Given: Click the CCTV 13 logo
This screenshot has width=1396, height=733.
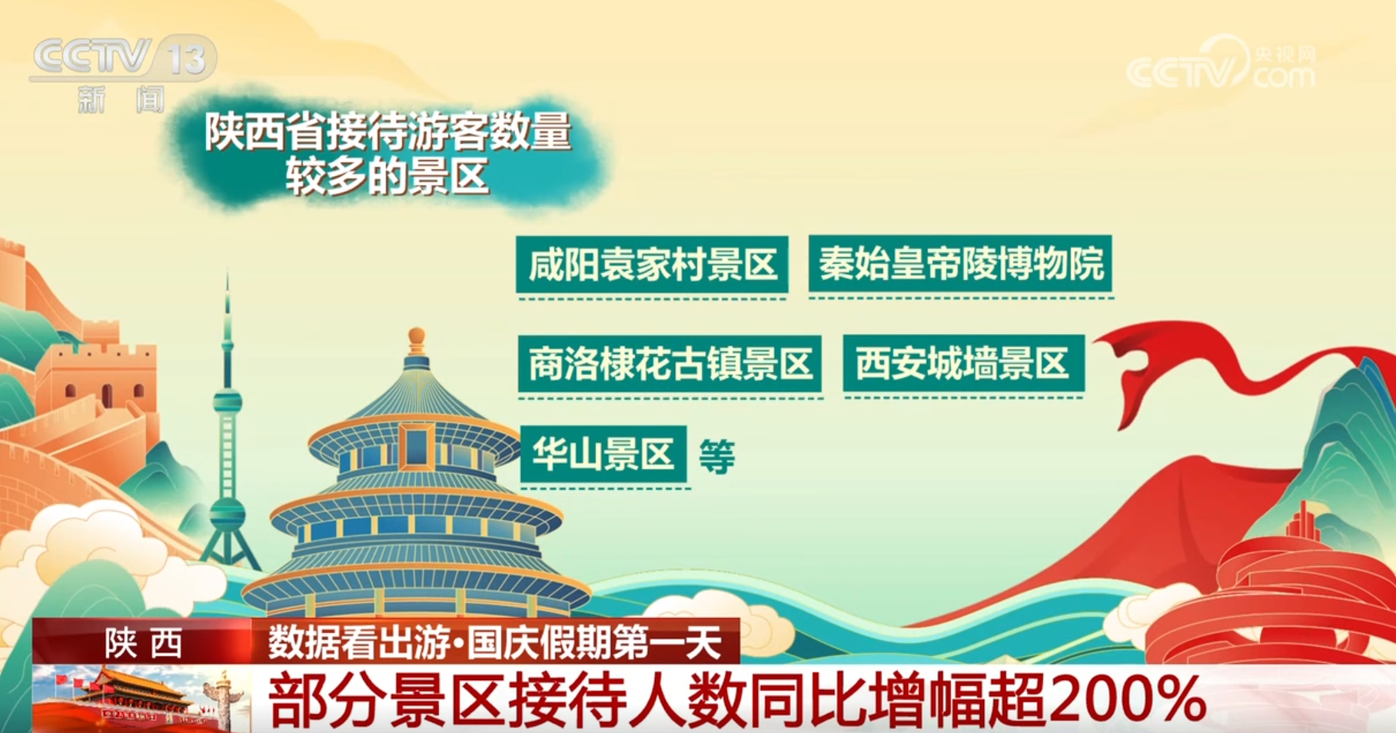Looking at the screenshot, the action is click(123, 74).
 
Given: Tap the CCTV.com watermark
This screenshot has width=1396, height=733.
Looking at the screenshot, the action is click(1221, 64).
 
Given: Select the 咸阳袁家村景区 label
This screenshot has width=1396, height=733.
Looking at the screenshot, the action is click(652, 265).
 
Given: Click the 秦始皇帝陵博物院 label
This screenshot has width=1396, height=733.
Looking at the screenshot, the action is click(960, 264).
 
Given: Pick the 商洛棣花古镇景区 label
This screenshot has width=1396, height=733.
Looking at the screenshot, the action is click(670, 364).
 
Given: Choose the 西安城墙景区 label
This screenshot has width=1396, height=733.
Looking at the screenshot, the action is click(963, 363).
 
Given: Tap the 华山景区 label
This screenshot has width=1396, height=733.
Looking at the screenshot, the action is click(603, 454).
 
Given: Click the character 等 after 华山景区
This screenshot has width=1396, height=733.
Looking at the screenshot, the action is click(716, 456).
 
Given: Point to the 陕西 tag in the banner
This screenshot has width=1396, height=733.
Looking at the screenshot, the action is click(143, 642).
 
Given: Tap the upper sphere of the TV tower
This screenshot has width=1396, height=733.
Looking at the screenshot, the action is click(228, 401).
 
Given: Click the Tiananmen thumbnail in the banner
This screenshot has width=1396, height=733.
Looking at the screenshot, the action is click(142, 698).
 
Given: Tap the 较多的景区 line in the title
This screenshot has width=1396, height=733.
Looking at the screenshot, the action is click(387, 175).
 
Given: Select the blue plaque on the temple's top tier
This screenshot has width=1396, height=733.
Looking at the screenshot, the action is click(416, 446).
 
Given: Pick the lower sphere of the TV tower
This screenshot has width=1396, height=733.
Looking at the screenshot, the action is click(228, 512).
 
